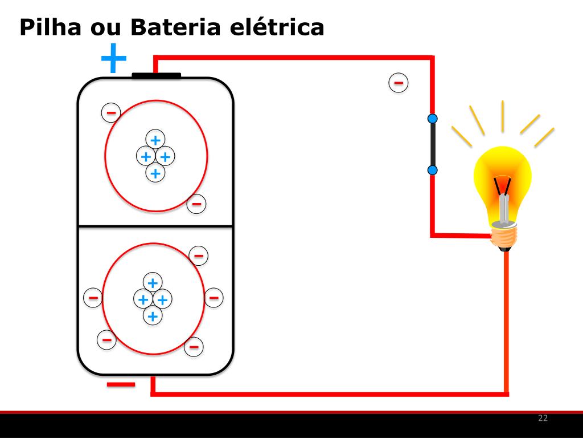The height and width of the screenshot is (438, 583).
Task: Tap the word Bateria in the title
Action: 174,27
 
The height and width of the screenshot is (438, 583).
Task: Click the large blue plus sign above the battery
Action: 113,58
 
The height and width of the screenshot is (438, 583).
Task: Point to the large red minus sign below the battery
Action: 121,385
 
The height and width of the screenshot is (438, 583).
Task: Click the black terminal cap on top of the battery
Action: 156,75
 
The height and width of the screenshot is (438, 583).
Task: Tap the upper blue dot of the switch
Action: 432,119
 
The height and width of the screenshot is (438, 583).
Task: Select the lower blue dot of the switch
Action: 432,170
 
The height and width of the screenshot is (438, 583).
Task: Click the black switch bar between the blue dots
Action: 432,144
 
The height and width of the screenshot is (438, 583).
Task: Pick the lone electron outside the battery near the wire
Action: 399,83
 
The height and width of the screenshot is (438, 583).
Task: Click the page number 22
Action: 543,419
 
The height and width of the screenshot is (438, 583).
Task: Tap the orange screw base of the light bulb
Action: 505,235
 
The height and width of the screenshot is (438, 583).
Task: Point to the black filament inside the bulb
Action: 502,186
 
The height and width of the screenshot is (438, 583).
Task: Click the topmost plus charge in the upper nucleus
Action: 154,139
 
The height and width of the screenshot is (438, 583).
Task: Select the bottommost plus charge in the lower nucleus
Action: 152,315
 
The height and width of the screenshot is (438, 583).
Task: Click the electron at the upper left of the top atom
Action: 111,112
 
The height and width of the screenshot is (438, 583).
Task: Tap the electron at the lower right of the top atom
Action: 196,203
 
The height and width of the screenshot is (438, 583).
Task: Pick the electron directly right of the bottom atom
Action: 214,297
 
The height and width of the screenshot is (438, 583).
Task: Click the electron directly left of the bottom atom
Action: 93,297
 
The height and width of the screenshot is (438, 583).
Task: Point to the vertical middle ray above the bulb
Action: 503,116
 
